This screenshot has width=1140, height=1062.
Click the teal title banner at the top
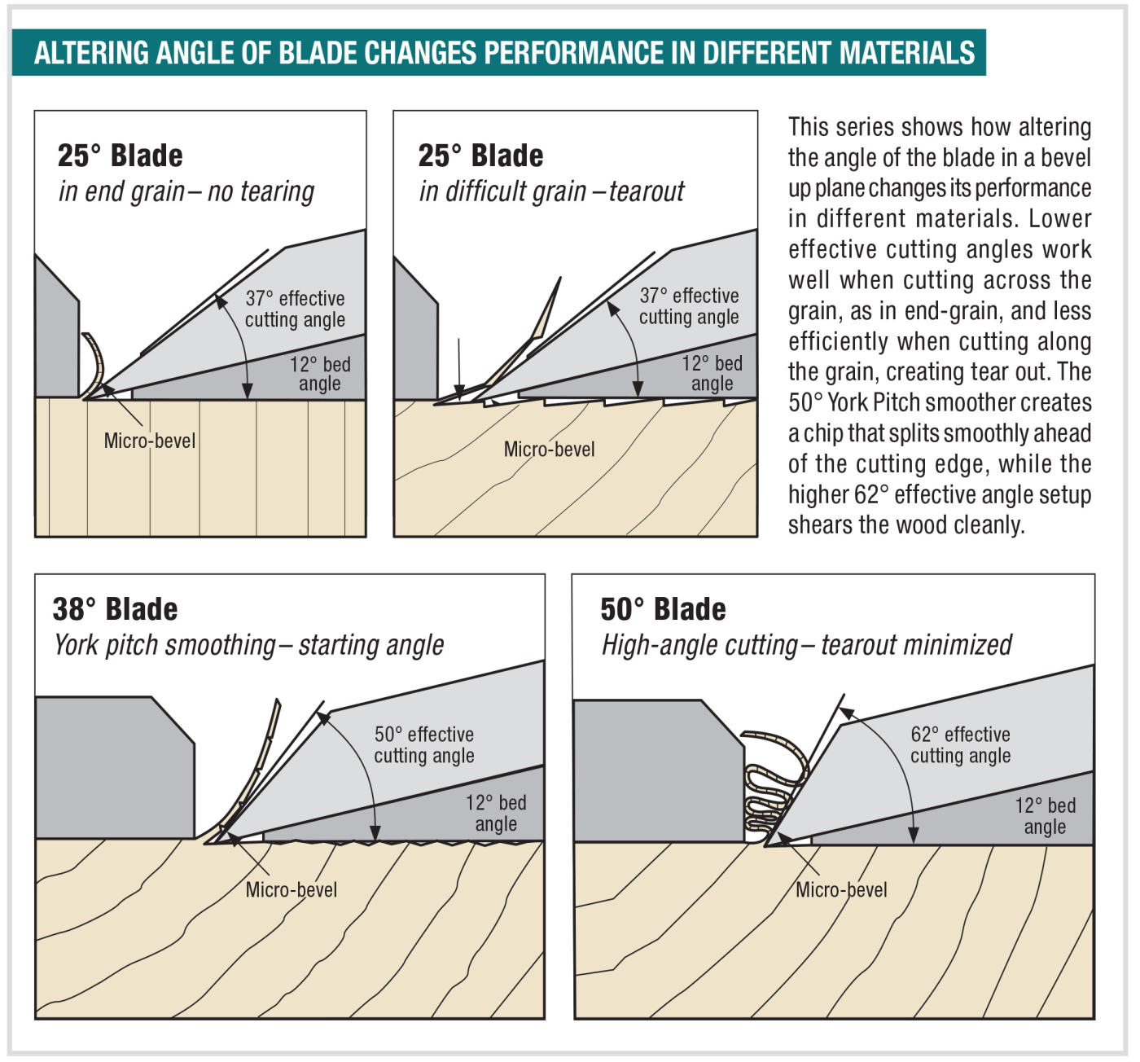pos(498,53)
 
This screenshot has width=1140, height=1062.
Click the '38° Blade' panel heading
pos(115,609)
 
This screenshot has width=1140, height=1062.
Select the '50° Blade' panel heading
pos(663,609)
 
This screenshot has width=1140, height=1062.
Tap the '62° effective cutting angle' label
pos(960,744)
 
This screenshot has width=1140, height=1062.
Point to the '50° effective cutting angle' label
pos(424,744)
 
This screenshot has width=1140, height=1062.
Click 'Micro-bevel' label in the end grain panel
pos(150,441)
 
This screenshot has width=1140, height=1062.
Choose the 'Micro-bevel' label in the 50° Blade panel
pos(841,889)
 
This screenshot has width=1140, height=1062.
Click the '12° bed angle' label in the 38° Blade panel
pos(496,813)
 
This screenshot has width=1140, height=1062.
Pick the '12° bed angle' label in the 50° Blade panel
pos(1045,816)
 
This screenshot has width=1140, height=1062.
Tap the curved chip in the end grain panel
pos(96,363)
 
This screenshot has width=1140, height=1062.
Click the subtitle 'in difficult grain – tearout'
pos(551,191)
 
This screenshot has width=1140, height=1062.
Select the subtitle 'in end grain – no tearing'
pos(186,191)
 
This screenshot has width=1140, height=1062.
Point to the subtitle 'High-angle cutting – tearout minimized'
pos(806,645)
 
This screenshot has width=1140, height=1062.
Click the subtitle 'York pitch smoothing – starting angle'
pos(249,645)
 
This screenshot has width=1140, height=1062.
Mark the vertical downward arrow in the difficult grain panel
pos(459,366)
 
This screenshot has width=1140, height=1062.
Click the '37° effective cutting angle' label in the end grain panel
pos(295,309)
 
